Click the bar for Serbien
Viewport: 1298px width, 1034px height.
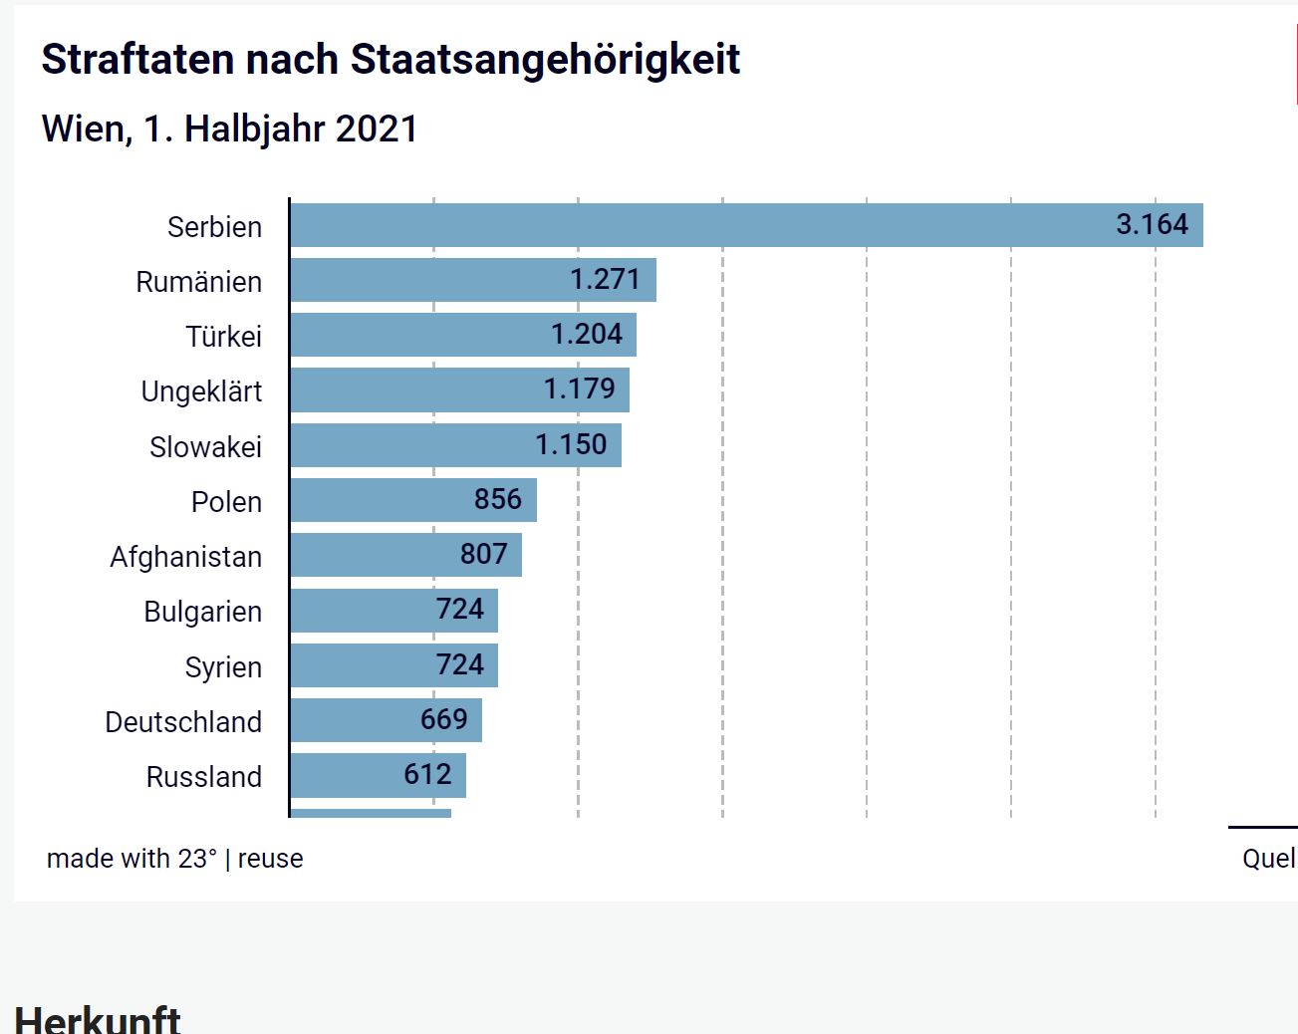pos(697,225)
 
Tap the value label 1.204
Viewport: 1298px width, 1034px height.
pos(587,335)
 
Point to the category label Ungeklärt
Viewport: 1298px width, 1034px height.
pos(201,391)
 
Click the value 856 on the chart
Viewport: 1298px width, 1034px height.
pos(498,499)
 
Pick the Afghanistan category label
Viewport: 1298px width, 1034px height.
pos(186,557)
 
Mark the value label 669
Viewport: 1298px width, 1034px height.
pos(444,719)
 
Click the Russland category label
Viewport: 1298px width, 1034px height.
pos(204,777)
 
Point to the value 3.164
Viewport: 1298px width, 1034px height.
pos(1152,224)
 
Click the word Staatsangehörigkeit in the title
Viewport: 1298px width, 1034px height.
pos(545,60)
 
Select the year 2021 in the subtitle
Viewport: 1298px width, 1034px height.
pos(377,129)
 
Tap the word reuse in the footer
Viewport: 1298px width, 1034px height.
pos(270,859)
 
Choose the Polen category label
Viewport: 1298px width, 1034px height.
pos(226,502)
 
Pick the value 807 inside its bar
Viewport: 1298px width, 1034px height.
pos(484,554)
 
